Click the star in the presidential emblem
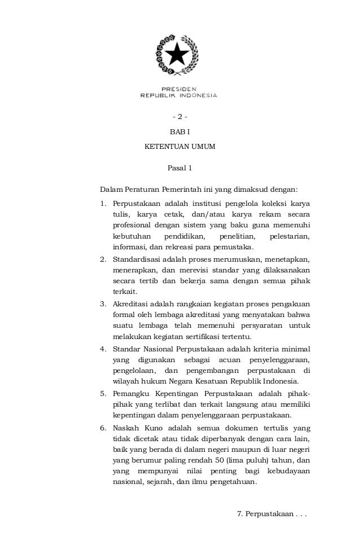coord(179,55)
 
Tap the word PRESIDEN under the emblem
coord(179,89)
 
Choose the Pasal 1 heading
coord(180,168)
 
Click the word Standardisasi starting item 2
coord(137,259)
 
